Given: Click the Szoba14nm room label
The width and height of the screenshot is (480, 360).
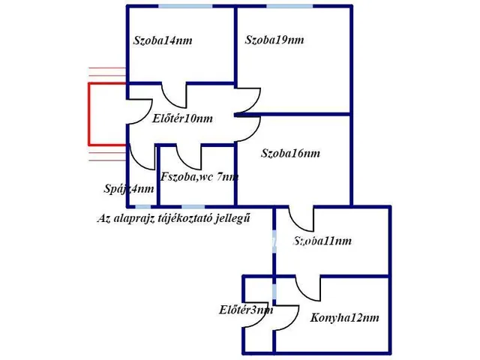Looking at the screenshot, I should coord(163,40).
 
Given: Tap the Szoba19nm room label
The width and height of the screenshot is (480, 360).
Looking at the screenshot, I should coord(274,40).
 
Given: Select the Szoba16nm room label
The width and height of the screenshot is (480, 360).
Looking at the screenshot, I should coord(290,154).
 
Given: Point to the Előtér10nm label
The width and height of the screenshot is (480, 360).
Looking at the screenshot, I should coord(182,118).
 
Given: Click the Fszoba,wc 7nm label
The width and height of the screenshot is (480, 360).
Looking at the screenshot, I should coord(199,177).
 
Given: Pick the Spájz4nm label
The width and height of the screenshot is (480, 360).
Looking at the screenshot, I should coord(129,189).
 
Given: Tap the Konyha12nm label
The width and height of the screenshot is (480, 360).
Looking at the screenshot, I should coord(344,317).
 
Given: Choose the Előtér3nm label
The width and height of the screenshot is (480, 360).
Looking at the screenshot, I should coord(246,309).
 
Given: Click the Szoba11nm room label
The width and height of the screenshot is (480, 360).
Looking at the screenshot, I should coord(322,241).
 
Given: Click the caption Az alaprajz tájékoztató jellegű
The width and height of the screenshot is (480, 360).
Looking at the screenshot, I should coord(173,218).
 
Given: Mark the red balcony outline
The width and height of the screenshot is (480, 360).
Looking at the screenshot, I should coord(91,114).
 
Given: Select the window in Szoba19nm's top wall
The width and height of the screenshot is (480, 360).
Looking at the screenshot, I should coord(289,7).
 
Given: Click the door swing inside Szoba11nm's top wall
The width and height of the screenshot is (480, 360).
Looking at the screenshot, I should coord(302,219).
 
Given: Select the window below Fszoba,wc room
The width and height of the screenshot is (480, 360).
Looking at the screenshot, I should coord(193,206).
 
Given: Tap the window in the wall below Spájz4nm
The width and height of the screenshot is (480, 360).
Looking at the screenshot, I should coord(142,206).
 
